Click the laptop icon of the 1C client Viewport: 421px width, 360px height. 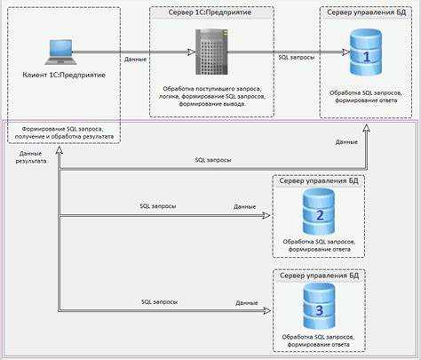(61, 52)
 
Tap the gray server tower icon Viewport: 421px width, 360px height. (211, 52)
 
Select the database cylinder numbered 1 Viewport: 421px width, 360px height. (366, 52)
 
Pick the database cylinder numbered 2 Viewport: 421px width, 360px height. (319, 212)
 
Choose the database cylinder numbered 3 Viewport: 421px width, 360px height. (320, 306)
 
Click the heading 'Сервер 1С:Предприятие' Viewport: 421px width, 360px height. (210, 12)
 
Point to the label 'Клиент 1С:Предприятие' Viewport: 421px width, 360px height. (64, 75)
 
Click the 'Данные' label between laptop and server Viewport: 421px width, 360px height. (135, 60)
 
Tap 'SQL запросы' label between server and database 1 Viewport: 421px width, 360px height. (297, 57)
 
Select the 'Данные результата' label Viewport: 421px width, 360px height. (31, 157)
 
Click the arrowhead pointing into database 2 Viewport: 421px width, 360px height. (266, 215)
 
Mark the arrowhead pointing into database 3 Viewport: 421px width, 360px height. (267, 310)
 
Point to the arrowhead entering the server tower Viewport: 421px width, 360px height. (192, 52)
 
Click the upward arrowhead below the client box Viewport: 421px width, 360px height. (60, 150)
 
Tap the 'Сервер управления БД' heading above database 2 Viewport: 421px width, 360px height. (319, 180)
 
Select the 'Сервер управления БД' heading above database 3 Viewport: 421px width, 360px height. (320, 276)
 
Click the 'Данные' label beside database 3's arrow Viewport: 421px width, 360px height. (247, 303)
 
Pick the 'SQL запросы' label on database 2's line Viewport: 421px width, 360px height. (158, 206)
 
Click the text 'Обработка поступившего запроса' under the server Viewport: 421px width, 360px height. (211, 89)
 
